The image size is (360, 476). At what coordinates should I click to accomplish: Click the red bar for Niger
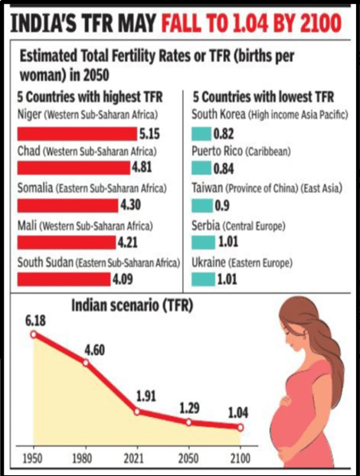(77, 134)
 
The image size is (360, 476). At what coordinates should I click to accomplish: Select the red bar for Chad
(74, 168)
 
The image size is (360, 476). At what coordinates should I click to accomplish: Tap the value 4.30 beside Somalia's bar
(131, 205)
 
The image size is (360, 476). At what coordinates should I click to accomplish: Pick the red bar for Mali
(67, 243)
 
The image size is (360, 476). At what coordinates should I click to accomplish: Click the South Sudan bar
(64, 279)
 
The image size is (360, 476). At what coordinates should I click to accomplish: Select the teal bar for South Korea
(201, 134)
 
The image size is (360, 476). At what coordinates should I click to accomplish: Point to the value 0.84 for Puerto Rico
(224, 169)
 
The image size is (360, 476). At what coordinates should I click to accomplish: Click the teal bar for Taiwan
(202, 206)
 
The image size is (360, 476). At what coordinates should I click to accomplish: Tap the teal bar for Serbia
(203, 243)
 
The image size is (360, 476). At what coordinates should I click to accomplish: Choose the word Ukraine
(208, 262)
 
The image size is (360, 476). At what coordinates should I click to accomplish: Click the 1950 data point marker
(34, 334)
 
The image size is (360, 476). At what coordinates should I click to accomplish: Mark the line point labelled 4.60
(86, 363)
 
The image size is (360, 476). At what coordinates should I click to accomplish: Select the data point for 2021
(136, 412)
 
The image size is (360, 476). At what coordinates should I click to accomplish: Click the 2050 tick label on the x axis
(188, 458)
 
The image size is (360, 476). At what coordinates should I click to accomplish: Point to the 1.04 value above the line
(238, 412)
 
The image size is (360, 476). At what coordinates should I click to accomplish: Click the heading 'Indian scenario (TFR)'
(133, 305)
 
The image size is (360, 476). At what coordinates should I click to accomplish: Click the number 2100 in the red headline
(321, 23)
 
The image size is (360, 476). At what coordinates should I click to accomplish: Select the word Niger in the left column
(29, 115)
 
